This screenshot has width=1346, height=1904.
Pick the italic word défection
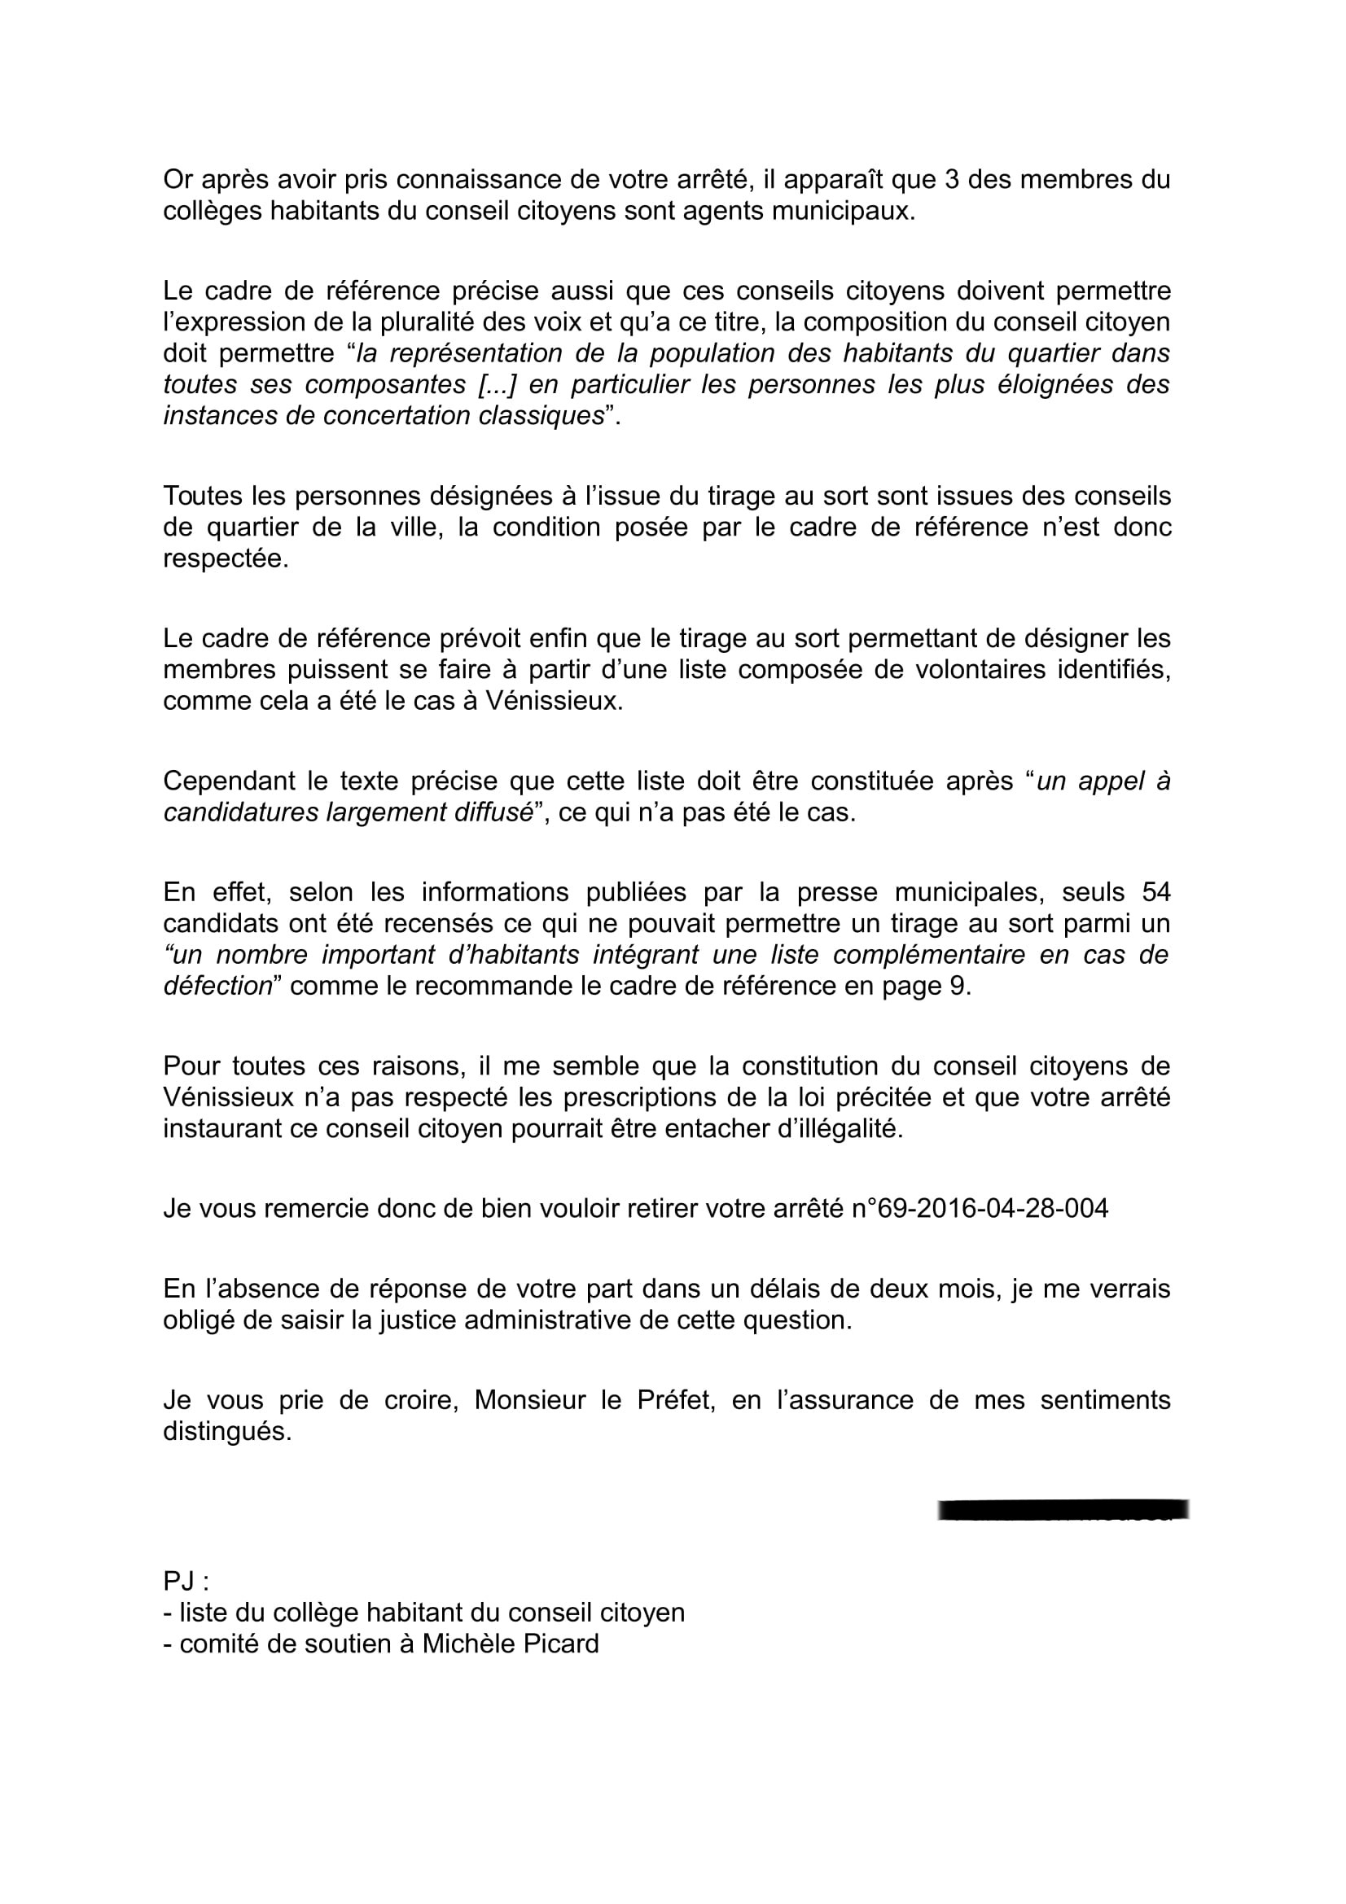pyautogui.click(x=218, y=987)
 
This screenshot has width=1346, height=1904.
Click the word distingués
pyautogui.click(x=227, y=1432)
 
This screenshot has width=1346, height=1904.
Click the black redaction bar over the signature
pyautogui.click(x=1063, y=1509)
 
